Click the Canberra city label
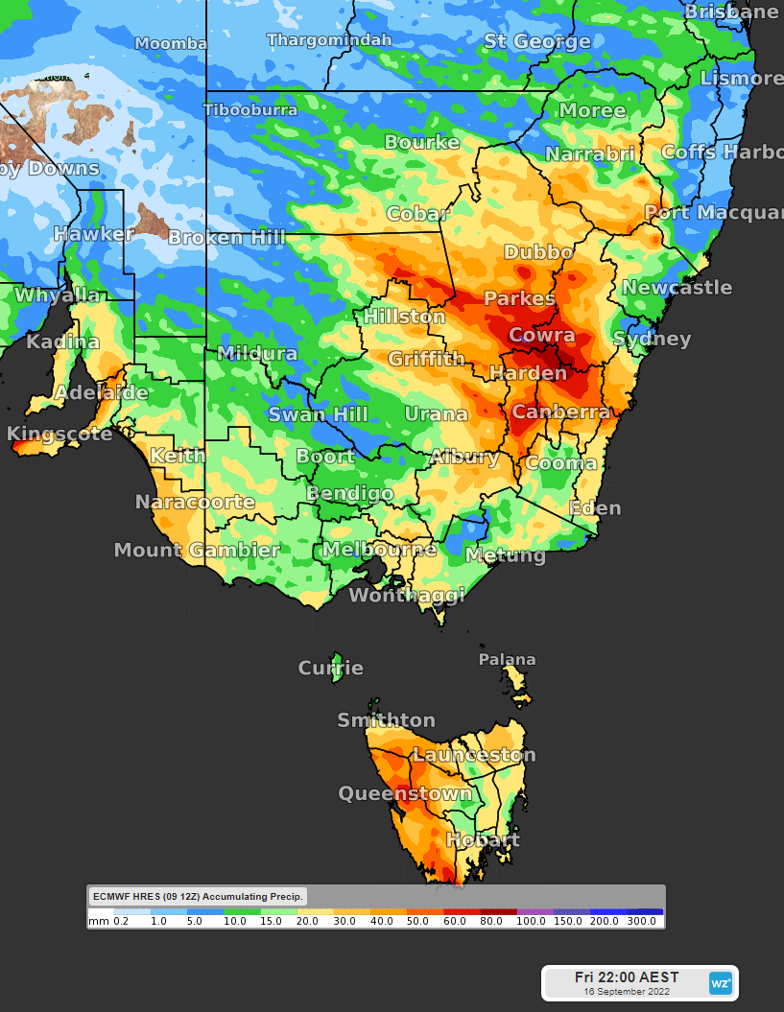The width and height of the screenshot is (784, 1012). (560, 412)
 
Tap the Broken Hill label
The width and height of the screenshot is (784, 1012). (227, 237)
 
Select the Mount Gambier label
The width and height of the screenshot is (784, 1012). (197, 551)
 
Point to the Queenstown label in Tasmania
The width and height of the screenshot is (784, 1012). (405, 794)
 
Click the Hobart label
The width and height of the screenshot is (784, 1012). (483, 840)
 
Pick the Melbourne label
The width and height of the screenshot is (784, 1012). (378, 550)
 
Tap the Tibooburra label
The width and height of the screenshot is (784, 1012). (250, 110)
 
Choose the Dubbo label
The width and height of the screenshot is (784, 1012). (538, 253)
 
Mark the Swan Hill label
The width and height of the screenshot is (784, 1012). (318, 414)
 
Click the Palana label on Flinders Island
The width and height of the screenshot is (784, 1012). (508, 660)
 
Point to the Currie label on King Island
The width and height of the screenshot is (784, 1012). (331, 669)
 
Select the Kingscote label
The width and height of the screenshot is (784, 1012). (59, 435)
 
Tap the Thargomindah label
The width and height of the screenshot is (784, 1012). (329, 40)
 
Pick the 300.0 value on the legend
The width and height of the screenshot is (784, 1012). (641, 921)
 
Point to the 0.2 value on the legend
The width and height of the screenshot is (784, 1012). (121, 921)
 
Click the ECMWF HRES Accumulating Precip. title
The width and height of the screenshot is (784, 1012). (198, 897)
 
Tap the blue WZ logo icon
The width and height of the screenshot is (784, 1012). (720, 983)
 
